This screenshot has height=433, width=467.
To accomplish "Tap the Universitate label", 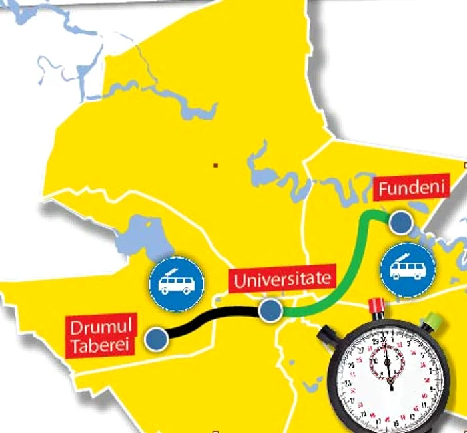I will point(280,279).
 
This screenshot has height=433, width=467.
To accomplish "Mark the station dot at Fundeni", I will point(400,223).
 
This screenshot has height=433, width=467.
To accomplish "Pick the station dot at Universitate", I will point(270,311).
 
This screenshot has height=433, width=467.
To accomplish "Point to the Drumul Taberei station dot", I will point(156,339).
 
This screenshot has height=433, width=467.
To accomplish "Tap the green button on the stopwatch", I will point(432,321).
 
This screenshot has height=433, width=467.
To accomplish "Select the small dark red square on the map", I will point(215,165).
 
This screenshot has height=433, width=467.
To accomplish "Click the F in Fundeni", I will point(384,190).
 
